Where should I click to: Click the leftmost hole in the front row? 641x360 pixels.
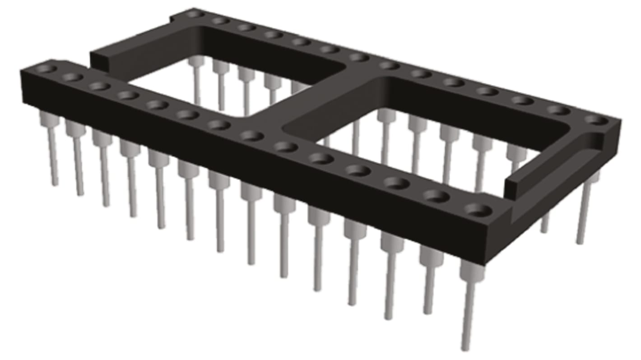click(46, 69)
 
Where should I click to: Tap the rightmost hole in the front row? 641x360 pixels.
click(478, 210)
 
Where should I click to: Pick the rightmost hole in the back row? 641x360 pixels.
click(597, 120)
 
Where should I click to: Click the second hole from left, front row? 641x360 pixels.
click(72, 77)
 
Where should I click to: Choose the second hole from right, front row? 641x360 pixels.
click(436, 196)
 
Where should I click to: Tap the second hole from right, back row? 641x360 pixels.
click(559, 110)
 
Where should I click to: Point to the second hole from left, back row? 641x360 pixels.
click(220, 21)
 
